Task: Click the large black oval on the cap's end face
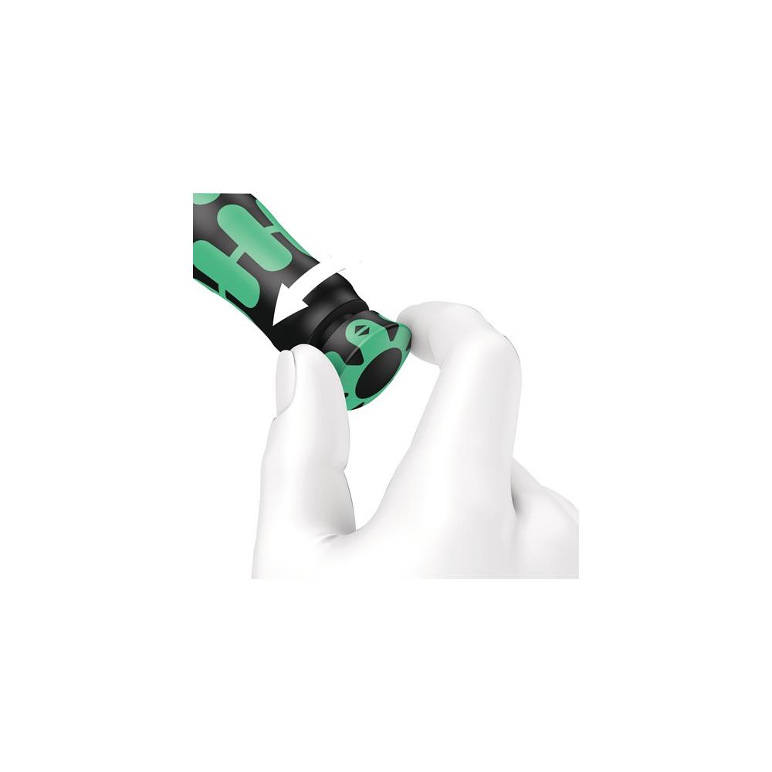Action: tap(378, 373)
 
